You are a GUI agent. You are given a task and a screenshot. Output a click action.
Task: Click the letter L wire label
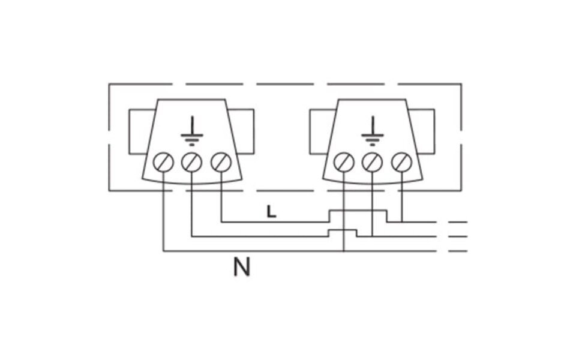pyautogui.click(x=271, y=212)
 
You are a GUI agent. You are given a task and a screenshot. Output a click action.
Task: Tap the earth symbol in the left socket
pyautogui.click(x=192, y=131)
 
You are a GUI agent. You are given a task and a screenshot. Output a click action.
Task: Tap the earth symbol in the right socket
pyautogui.click(x=373, y=131)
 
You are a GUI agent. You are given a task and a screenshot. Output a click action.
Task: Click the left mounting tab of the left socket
pyautogui.click(x=139, y=131)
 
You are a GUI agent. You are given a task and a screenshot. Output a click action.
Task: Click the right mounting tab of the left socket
pyautogui.click(x=242, y=131)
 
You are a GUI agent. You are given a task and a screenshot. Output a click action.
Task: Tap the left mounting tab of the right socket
pyautogui.click(x=320, y=131)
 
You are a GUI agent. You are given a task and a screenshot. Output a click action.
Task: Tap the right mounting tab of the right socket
pyautogui.click(x=423, y=131)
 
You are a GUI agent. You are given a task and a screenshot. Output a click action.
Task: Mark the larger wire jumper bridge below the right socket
pyautogui.click(x=358, y=216)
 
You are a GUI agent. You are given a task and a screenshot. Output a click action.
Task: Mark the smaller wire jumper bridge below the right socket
pyautogui.click(x=343, y=233)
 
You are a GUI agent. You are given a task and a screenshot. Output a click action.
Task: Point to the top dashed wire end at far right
pyautogui.click(x=458, y=222)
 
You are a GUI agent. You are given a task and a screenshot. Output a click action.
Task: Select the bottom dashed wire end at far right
pyautogui.click(x=458, y=251)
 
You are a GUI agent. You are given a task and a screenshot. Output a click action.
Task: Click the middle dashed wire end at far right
pyautogui.click(x=458, y=236)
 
